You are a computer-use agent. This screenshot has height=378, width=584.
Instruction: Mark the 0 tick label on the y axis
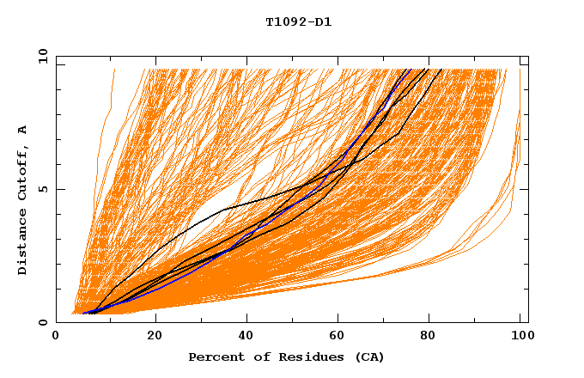(x=43, y=322)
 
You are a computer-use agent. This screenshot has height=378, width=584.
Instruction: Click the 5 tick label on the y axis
(x=43, y=189)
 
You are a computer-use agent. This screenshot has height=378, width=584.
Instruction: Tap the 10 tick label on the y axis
(x=40, y=56)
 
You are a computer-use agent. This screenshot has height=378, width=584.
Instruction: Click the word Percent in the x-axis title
(x=212, y=357)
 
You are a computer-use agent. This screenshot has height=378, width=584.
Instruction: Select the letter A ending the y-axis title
(x=22, y=130)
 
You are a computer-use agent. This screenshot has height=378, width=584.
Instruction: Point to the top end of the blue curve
(x=411, y=70)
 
